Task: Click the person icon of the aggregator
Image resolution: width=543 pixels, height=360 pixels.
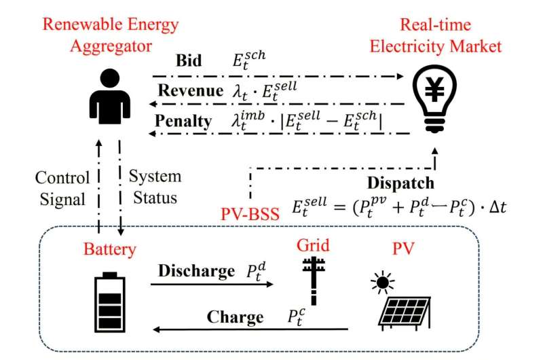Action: point(111,99)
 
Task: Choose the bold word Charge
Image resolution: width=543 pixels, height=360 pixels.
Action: point(235,317)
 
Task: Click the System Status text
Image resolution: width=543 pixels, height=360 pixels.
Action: point(155,187)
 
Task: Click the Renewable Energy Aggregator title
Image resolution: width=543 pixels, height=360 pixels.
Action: point(111,36)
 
